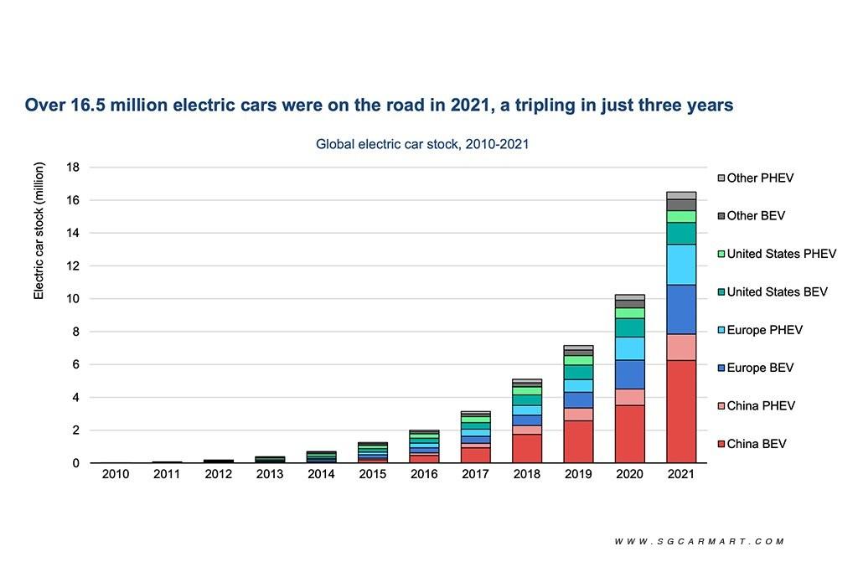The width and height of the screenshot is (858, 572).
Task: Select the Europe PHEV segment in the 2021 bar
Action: [680, 265]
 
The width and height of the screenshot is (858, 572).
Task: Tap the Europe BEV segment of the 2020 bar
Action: [629, 374]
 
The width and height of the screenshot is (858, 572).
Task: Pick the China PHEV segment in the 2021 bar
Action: [680, 347]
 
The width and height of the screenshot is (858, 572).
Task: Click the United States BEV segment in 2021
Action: [680, 233]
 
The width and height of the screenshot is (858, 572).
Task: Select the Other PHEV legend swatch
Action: [721, 178]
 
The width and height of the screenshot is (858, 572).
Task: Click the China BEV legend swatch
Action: [721, 444]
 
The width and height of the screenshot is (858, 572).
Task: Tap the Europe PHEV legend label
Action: [764, 330]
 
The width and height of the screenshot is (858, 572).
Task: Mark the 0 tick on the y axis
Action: [75, 463]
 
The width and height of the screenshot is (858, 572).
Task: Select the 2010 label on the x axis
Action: [115, 474]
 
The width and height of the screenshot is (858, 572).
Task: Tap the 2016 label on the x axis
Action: [424, 474]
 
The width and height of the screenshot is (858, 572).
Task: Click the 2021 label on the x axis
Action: [680, 474]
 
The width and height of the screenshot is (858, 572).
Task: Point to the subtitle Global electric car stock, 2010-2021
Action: [421, 144]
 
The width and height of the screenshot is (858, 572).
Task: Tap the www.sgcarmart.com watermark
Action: [700, 541]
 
